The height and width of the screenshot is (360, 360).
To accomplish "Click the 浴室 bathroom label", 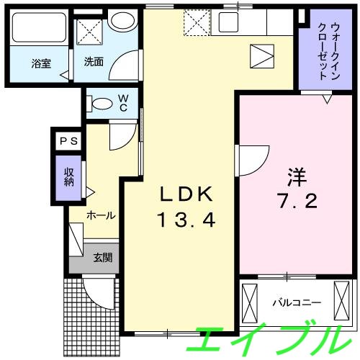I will point(41,63).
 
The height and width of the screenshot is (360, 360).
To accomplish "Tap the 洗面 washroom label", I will point(94,62).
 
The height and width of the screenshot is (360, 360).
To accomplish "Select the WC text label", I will point(123,102).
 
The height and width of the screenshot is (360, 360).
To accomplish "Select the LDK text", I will point(186,194).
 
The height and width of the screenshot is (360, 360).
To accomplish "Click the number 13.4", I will point(186,220).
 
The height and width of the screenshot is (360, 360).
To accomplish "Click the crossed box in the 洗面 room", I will point(91,32).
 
